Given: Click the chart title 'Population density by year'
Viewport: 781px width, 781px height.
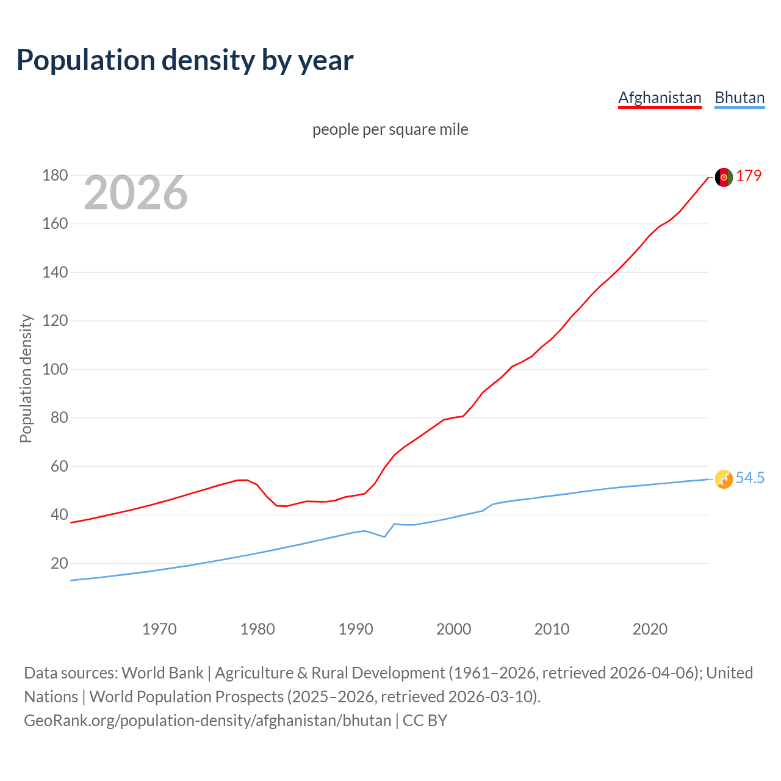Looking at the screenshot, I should coord(185,60).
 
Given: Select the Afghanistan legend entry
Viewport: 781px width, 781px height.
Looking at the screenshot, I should coord(660,98).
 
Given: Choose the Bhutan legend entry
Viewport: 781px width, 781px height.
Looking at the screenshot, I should coord(740,98).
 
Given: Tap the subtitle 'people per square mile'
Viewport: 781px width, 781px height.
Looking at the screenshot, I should coord(390,129).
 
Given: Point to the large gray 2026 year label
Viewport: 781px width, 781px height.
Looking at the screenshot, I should coord(135,193).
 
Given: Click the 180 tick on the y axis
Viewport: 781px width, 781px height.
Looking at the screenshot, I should coord(55,176).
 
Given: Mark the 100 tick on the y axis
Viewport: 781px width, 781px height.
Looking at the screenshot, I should coord(55,370).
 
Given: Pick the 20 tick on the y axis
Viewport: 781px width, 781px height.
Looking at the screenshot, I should coord(59,564).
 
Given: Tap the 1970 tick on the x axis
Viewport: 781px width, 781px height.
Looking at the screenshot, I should coord(159,629).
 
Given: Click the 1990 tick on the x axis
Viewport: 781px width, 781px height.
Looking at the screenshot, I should coord(356,629).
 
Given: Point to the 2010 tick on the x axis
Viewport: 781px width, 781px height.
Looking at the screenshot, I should coord(552,629).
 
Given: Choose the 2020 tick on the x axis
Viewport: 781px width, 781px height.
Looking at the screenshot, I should coord(650,629).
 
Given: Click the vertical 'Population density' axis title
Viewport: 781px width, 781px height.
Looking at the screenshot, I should coord(26,378).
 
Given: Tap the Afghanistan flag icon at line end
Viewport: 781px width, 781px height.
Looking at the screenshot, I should coord(724,177).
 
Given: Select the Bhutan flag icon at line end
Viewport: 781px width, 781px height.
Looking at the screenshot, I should coord(724,479).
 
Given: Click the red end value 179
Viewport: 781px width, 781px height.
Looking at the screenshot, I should coord(749,176).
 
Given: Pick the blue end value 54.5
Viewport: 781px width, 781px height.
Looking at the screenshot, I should coord(750,478).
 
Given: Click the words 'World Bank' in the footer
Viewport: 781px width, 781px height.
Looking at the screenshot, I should coord(162,673).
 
